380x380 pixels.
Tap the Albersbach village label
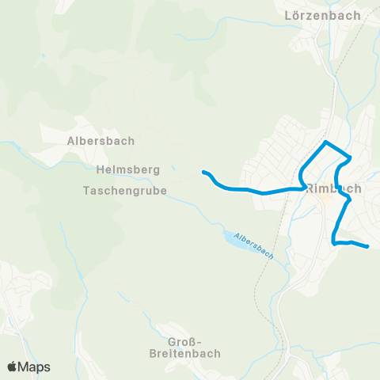point(101,141)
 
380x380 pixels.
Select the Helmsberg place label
point(127,169)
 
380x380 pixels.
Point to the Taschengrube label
point(124,191)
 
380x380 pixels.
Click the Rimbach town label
point(333,188)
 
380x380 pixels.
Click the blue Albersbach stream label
point(255,249)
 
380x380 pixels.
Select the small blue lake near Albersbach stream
point(230,237)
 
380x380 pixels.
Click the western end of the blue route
point(204,172)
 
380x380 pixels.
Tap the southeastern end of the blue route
point(368,247)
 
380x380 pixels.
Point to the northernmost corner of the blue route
point(325,142)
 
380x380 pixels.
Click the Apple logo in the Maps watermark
point(13,367)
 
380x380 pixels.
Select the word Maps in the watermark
point(35,367)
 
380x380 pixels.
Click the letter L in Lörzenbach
point(288,15)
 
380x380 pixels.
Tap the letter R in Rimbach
point(310,188)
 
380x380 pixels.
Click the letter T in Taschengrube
point(86,191)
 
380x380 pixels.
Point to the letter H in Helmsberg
point(98,169)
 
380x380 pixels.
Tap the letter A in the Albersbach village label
point(70,141)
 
